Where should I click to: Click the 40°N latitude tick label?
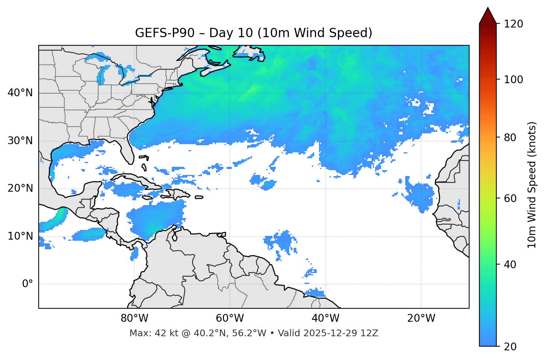coord(20,93)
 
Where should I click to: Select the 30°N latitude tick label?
coord(20,141)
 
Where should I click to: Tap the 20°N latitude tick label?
coord(20,188)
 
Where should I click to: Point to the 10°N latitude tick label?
coord(20,236)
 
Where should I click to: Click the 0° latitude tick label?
coord(28,284)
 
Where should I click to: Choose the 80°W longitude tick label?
coord(134,318)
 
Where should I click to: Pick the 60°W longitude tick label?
coord(230,318)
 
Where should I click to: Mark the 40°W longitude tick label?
coord(325,318)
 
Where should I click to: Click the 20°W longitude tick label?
coord(421,318)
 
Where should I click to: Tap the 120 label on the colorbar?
coord(513,24)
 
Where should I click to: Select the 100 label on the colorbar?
coord(513,80)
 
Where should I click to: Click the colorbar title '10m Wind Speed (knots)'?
coord(532,185)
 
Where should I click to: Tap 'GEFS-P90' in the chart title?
coord(165,33)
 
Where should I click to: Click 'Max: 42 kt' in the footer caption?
coord(146,333)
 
